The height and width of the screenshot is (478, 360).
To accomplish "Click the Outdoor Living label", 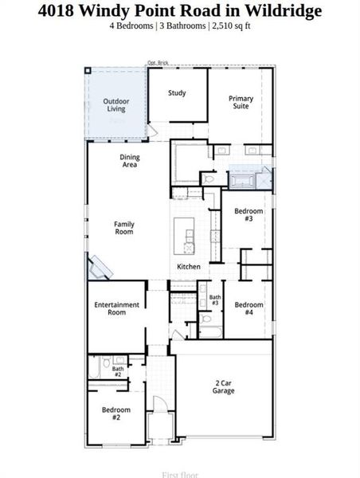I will point(115,104).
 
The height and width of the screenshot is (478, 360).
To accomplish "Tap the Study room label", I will point(177,93).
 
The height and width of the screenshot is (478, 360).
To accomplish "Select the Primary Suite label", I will point(241,102).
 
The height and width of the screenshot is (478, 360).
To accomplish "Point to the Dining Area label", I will point(130,161).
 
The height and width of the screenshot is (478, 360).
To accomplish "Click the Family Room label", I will point(124,228).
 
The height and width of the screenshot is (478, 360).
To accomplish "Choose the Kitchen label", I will point(189,266).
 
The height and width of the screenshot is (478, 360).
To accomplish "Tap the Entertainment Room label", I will point(117,308).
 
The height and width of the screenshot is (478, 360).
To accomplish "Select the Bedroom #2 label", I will point(115,413).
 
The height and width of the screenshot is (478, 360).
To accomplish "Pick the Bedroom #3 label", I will point(248,214).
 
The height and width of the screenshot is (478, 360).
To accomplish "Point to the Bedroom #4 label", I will point(248,308).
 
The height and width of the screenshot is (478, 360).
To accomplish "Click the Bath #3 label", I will point(215,300).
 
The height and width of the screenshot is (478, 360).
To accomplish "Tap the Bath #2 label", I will point(117,371).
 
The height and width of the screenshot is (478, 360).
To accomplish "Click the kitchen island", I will point(190,236).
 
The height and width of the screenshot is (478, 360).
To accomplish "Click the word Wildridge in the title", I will point(284,10).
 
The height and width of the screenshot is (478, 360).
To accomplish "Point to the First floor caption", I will point(180,475).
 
